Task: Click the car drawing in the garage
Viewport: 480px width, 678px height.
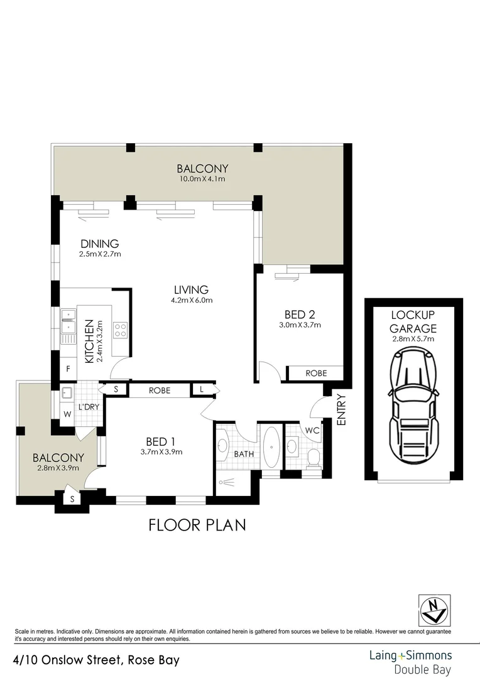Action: click(x=414, y=406)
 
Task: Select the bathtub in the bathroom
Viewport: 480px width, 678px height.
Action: click(x=271, y=446)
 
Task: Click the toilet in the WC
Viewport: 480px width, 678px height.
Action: click(x=313, y=458)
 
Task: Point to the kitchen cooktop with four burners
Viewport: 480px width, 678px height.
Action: click(x=120, y=330)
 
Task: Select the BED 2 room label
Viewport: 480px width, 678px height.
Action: click(x=299, y=315)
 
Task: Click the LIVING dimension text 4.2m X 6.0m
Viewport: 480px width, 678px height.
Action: click(x=192, y=300)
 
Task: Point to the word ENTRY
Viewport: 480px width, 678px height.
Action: click(x=341, y=410)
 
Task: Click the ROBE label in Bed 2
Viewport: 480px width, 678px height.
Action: click(x=316, y=373)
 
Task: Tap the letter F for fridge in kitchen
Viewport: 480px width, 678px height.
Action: click(x=68, y=369)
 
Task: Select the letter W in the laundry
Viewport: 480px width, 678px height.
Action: click(x=67, y=414)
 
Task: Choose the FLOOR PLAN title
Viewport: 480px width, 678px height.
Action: click(x=197, y=525)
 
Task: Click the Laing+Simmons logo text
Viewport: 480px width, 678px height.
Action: click(x=410, y=656)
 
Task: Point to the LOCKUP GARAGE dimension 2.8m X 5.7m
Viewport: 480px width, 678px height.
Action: click(x=413, y=338)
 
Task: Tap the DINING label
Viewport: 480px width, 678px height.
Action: click(x=100, y=244)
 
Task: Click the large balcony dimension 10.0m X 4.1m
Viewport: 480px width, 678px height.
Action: click(x=202, y=179)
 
